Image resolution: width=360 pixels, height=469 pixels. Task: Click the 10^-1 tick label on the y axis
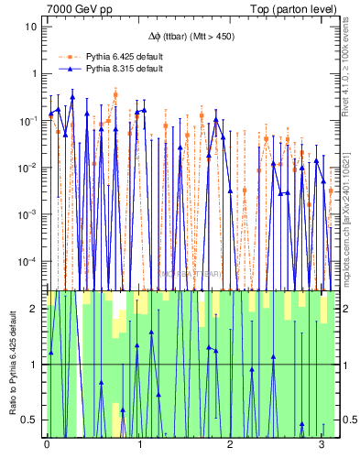tap(29, 120)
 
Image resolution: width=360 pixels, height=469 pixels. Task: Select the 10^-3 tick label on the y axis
tap(29, 214)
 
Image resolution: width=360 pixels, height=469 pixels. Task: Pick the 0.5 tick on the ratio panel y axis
tap(31, 420)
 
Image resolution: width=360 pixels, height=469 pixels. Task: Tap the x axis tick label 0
tap(47, 446)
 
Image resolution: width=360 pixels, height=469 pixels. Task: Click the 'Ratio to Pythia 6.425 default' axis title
tap(12, 363)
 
